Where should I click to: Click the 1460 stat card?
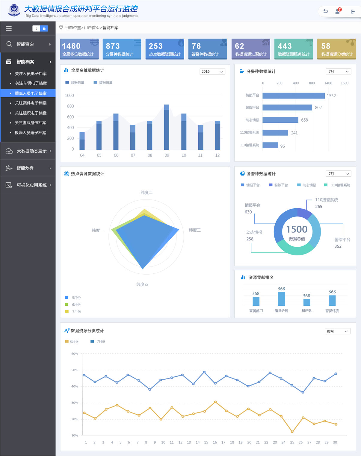point(79,49)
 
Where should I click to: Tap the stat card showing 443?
point(294,49)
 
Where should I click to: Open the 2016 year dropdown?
point(212,72)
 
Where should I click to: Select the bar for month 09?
point(167,127)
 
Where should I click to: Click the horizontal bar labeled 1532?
point(293,96)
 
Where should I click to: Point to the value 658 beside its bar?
point(304,120)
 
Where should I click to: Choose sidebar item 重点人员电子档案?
point(31,93)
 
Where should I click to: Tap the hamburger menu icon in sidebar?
point(9,28)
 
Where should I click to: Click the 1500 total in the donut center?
point(297,229)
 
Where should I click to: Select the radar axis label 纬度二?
point(146,193)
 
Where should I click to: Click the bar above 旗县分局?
point(281,299)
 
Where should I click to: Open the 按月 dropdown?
point(338,331)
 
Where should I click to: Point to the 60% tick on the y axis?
point(75,354)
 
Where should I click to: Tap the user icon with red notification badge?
point(338,11)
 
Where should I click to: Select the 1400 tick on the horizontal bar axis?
point(328,83)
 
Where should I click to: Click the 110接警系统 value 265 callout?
point(319,207)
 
